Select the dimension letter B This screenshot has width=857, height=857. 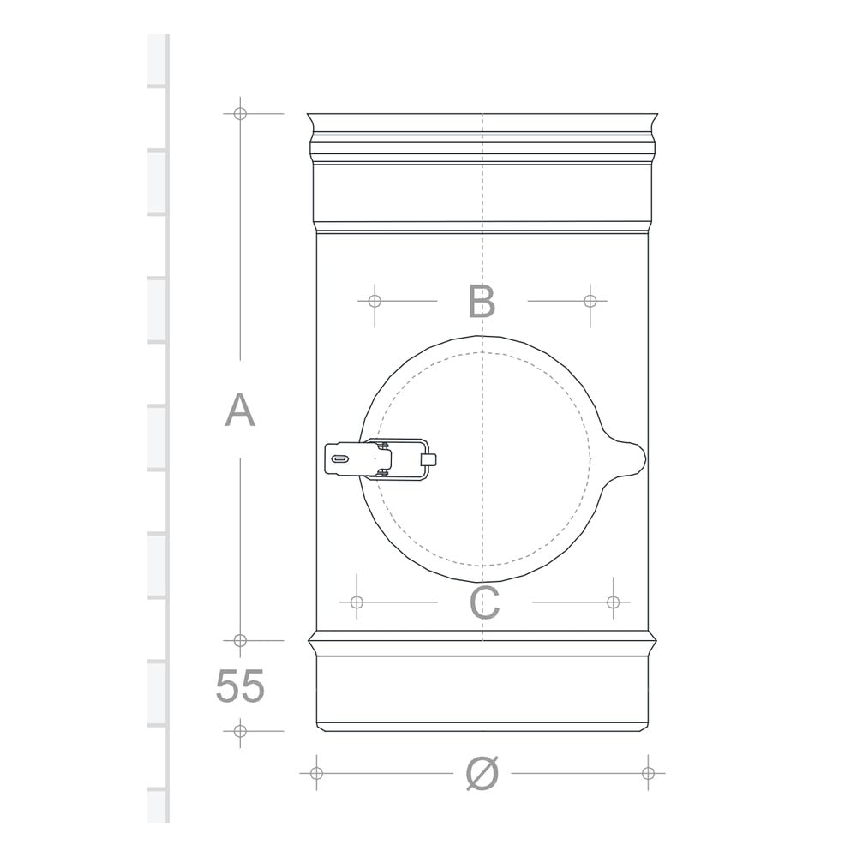tap(482, 301)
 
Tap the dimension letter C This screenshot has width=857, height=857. tap(484, 602)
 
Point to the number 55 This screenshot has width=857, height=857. tap(240, 686)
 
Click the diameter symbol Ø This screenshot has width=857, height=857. tap(482, 773)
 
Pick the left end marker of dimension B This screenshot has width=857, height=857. tap(375, 301)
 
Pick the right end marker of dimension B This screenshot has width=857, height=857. tap(590, 301)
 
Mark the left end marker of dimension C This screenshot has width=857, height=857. tap(357, 602)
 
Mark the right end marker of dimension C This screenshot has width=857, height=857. tap(614, 602)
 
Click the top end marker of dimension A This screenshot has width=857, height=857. tap(240, 114)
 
